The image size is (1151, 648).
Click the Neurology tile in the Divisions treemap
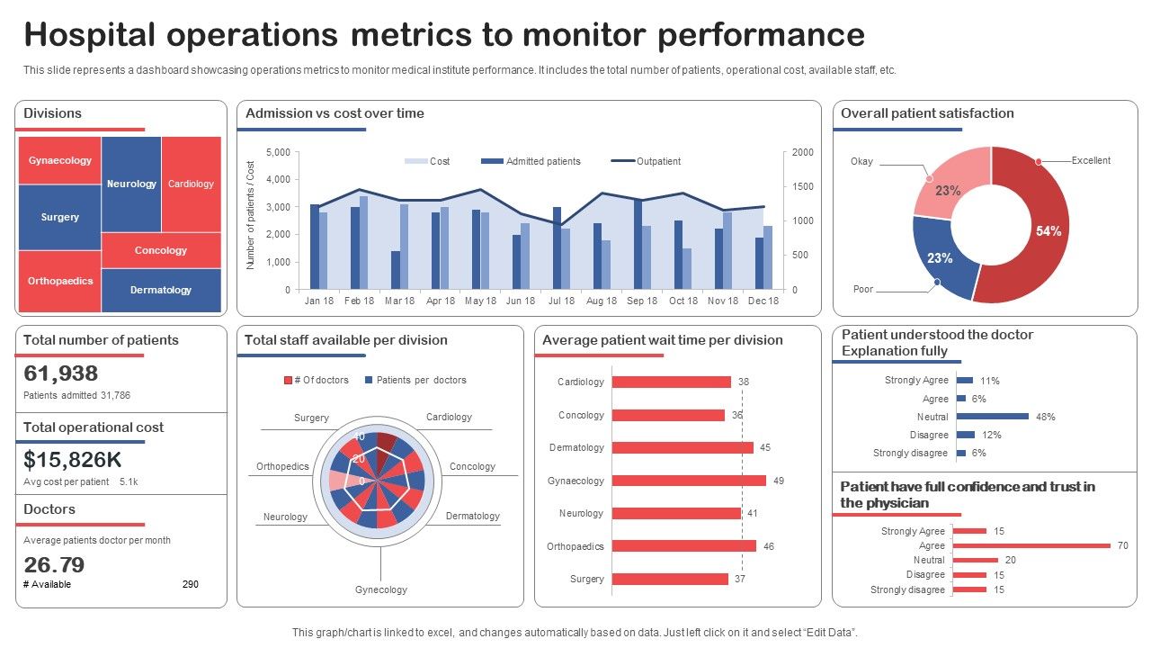coord(131,184)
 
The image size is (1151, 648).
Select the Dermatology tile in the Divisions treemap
coord(161,290)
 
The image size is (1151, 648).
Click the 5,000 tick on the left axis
coord(279,153)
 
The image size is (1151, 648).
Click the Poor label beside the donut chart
coord(862,290)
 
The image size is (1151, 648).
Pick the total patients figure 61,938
coord(61,373)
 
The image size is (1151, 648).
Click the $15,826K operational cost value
coord(73,460)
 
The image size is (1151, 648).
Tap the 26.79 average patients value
coord(54,564)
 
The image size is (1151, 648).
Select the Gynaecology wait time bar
coord(689,481)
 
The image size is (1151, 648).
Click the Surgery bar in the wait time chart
coord(670,579)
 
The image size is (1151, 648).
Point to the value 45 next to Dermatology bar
coord(765,447)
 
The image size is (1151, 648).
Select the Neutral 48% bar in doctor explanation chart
coord(993,417)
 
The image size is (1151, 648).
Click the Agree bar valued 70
coord(1031,545)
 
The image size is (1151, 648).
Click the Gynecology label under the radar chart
coord(380,589)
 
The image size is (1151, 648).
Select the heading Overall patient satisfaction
coord(927,113)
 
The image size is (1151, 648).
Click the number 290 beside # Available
coord(190,584)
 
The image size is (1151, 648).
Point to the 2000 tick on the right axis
coord(802,153)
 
